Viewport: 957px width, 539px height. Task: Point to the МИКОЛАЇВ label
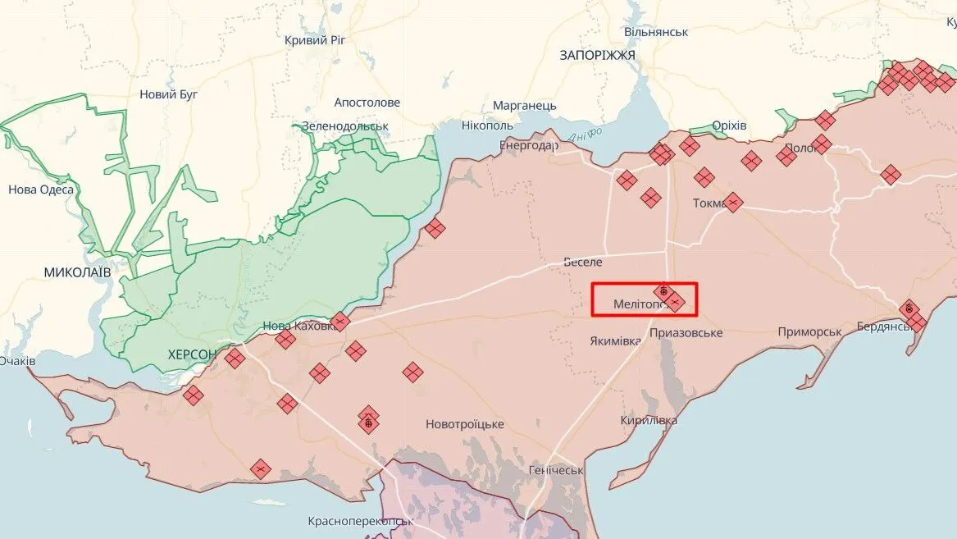[77, 271]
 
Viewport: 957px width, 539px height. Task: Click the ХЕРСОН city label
[192, 354]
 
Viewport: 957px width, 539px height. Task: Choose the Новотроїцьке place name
[464, 424]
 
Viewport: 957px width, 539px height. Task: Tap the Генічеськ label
[556, 471]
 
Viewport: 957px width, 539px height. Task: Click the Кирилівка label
[649, 420]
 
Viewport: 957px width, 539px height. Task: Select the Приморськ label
[810, 331]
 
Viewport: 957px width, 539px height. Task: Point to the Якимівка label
[615, 340]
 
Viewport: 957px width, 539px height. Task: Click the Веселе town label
[583, 263]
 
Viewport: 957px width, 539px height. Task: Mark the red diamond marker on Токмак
[733, 202]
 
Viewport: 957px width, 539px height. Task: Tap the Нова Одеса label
[41, 190]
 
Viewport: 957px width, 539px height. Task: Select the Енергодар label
[529, 146]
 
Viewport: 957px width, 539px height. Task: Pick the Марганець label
[525, 106]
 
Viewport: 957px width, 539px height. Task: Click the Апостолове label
[367, 103]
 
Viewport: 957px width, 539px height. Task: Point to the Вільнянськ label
[656, 32]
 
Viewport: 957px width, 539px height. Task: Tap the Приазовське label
[686, 333]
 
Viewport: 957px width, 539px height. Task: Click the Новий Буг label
[169, 94]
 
